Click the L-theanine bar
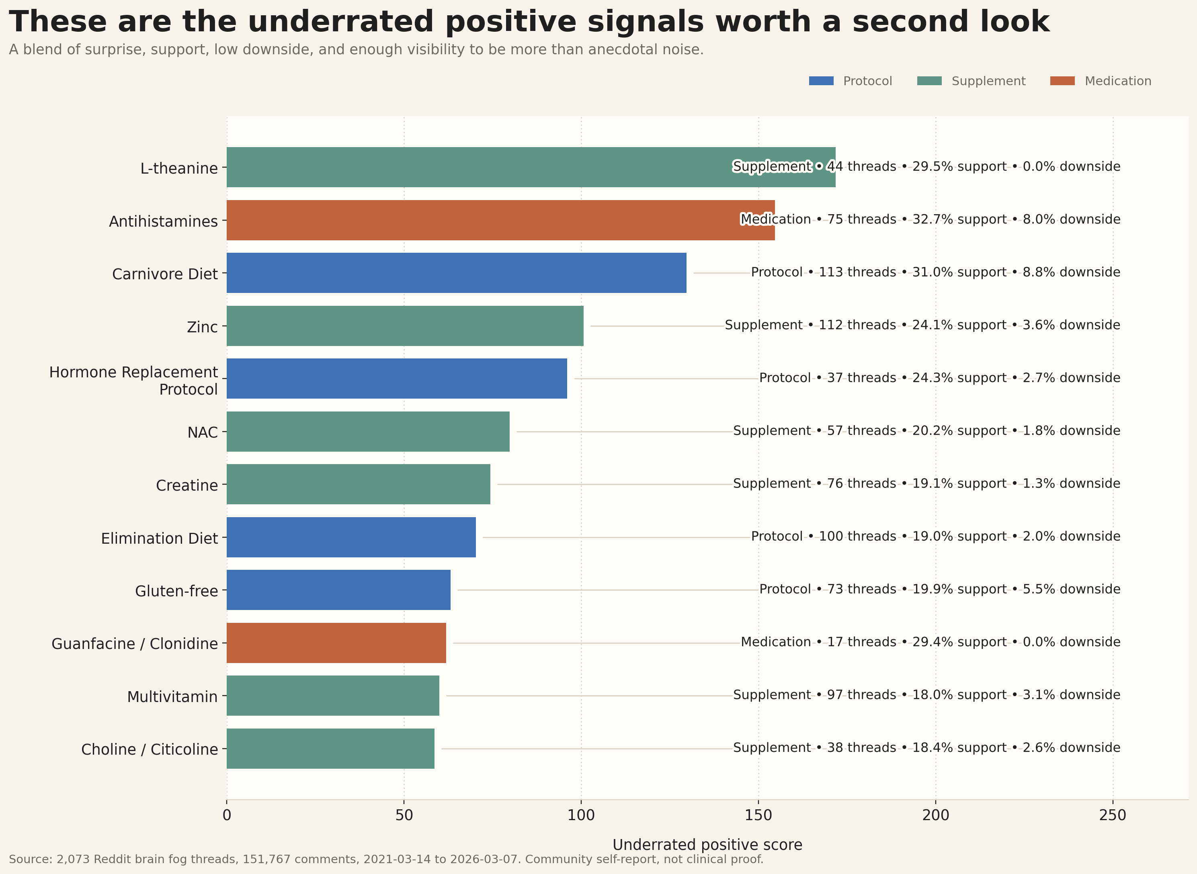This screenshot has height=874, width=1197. (476, 167)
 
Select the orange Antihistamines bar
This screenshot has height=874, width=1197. (476, 220)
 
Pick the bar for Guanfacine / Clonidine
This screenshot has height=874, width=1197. (336, 643)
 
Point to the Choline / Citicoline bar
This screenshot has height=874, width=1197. (330, 749)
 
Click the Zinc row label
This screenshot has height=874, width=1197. (202, 327)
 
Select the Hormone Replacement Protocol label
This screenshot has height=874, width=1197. (133, 381)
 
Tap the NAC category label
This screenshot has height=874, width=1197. (202, 432)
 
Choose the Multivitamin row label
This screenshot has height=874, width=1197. (172, 697)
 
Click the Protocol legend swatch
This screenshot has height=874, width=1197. (821, 81)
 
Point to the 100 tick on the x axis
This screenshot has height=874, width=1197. (581, 815)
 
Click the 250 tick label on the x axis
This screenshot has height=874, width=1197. (1112, 815)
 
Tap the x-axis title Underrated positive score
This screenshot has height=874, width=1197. (707, 845)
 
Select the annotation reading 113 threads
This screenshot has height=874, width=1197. (857, 272)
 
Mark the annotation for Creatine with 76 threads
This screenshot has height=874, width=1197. (926, 483)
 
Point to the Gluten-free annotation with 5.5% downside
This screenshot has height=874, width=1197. (939, 589)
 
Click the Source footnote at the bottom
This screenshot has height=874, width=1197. (386, 859)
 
